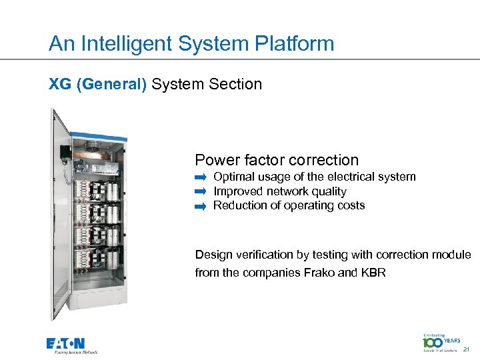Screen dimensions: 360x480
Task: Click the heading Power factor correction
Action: coord(277,160)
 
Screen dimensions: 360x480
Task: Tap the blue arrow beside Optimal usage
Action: coord(201,178)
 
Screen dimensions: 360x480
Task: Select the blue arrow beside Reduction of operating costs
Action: coord(201,207)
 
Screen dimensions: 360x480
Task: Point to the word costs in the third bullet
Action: coord(350,205)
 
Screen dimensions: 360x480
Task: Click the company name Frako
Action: coord(321,273)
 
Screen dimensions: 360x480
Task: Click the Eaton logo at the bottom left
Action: coord(72,345)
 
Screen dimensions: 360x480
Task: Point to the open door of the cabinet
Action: coord(61,213)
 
